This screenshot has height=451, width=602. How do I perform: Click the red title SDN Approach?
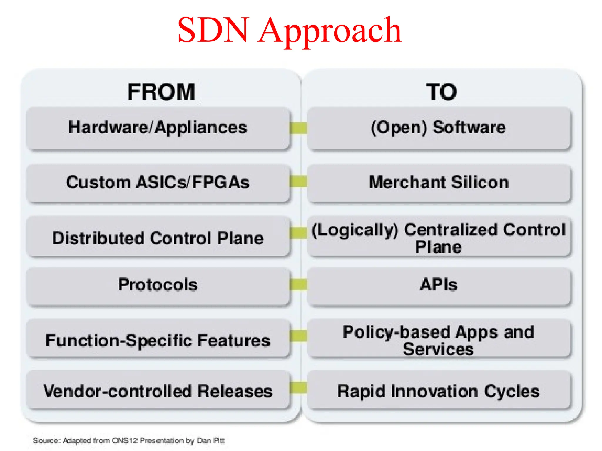pyautogui.click(x=290, y=30)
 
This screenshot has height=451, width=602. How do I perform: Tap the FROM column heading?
pyautogui.click(x=161, y=92)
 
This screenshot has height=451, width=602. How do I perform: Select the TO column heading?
pyautogui.click(x=442, y=92)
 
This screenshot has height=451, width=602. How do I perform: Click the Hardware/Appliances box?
pyautogui.click(x=158, y=128)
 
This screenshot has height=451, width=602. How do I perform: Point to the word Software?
pyautogui.click(x=469, y=127)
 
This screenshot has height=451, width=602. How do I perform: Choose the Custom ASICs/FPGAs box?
pyautogui.click(x=158, y=183)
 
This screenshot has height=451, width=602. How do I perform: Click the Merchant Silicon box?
pyautogui.click(x=439, y=183)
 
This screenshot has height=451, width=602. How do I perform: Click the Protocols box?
pyautogui.click(x=158, y=285)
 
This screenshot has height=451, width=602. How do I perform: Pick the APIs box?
pyautogui.click(x=439, y=285)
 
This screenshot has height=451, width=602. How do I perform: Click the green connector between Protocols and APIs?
pyautogui.click(x=298, y=285)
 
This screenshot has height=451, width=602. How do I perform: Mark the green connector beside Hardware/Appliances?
pyautogui.click(x=298, y=128)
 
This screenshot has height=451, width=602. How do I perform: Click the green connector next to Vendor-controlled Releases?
pyautogui.click(x=298, y=387)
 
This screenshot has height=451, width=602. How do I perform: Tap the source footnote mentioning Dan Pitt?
pyautogui.click(x=129, y=441)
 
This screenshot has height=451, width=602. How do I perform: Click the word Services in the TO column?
pyautogui.click(x=438, y=349)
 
